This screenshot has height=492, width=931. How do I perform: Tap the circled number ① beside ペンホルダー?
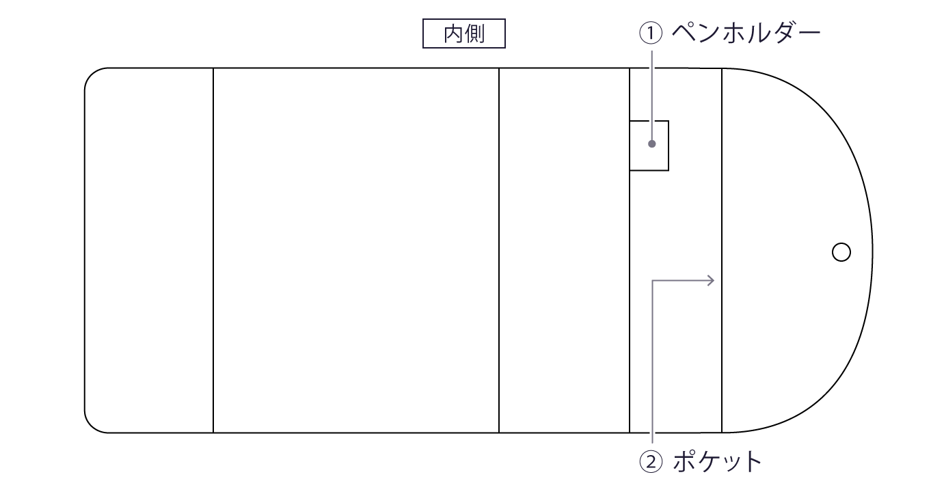click(651, 34)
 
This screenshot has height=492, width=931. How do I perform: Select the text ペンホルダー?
click(745, 33)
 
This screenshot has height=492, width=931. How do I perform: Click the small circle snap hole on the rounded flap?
click(841, 252)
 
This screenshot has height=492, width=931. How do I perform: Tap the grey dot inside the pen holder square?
click(652, 144)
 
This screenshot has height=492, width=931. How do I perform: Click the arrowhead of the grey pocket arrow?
click(712, 279)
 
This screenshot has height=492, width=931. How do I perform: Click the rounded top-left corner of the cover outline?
click(91, 74)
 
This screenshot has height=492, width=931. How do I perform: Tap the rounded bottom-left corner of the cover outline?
click(91, 426)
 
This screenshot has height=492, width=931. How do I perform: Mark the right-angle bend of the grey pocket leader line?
click(653, 280)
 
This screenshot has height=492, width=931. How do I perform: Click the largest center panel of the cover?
click(355, 250)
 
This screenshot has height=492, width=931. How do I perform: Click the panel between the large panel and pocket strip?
click(564, 250)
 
